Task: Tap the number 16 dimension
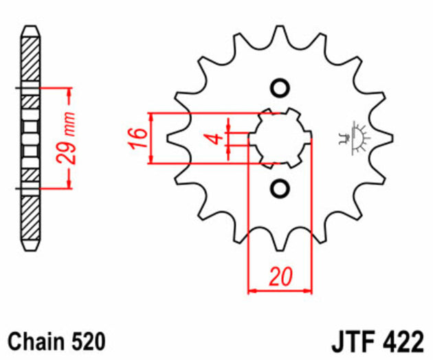pyautogui.click(x=138, y=138)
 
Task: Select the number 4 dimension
pyautogui.click(x=215, y=139)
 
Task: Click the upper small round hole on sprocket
pyautogui.click(x=279, y=89)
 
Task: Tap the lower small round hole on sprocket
pyautogui.click(x=279, y=188)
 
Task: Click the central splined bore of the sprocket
pyautogui.click(x=278, y=138)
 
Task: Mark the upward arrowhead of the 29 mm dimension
pyautogui.click(x=68, y=93)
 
